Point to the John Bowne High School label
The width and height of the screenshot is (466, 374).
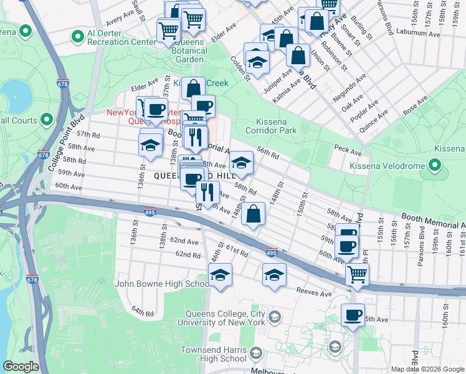[162, 284]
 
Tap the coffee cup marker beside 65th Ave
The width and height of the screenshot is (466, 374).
[353, 314]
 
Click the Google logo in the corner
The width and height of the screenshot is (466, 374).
[21, 367]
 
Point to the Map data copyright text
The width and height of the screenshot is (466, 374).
[427, 369]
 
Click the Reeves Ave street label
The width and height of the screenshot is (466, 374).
[313, 292]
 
